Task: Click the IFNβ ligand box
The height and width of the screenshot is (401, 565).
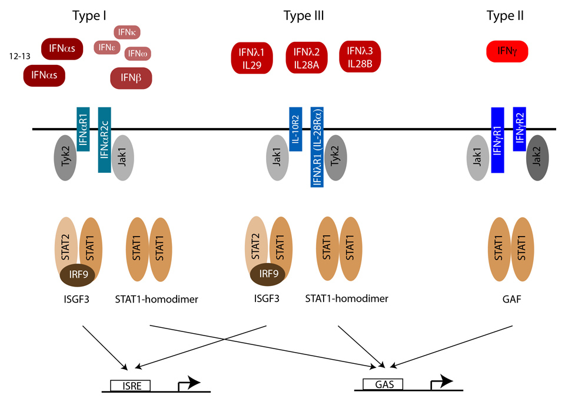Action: pyautogui.click(x=131, y=78)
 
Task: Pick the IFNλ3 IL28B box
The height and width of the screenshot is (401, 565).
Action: pyautogui.click(x=360, y=57)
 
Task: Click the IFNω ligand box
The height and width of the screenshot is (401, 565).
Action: pyautogui.click(x=139, y=54)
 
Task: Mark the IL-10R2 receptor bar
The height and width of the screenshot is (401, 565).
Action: pyautogui.click(x=295, y=128)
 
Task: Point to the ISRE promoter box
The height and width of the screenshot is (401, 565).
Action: pyautogui.click(x=130, y=386)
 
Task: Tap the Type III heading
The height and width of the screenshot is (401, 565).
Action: pyautogui.click(x=304, y=15)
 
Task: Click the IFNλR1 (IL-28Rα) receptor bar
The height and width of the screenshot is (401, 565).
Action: pyautogui.click(x=318, y=147)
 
